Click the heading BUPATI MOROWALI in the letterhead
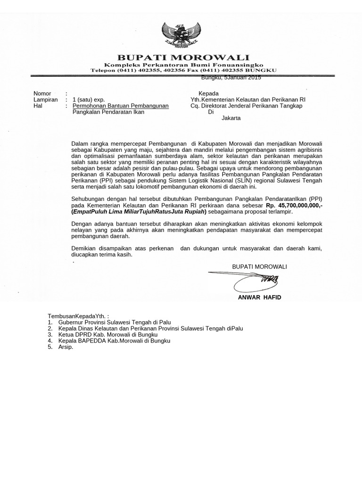click(183, 57)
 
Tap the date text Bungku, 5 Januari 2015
click(231, 78)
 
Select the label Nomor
click(42, 93)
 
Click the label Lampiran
click(45, 100)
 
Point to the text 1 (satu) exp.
click(89, 100)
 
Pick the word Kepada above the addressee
click(208, 93)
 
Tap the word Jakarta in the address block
click(231, 118)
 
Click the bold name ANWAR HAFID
click(259, 298)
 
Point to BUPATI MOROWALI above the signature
click(259, 266)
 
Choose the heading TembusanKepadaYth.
click(78, 316)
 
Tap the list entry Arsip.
click(66, 347)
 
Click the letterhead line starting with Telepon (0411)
click(183, 70)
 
